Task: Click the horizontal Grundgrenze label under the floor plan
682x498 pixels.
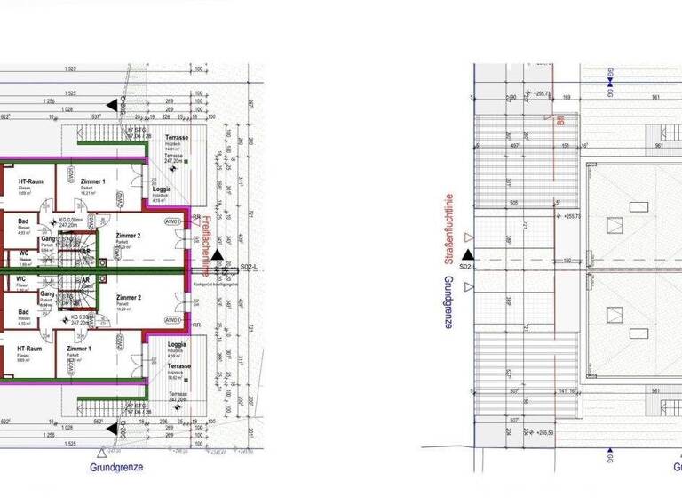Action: click(x=116, y=467)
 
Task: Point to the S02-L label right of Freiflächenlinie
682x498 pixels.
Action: click(x=250, y=267)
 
